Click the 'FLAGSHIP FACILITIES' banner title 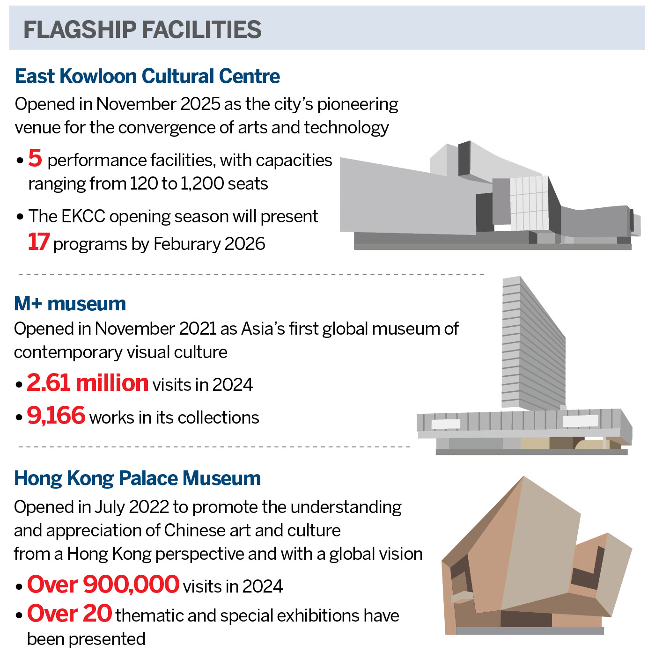142,30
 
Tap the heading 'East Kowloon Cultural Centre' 147,76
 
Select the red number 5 35,158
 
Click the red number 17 38,242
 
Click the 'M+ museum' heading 70,304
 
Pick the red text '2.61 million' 88,383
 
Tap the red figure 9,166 56,416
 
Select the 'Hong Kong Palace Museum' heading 137,478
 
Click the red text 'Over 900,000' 103,585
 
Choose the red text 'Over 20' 69,614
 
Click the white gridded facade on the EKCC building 529,202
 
